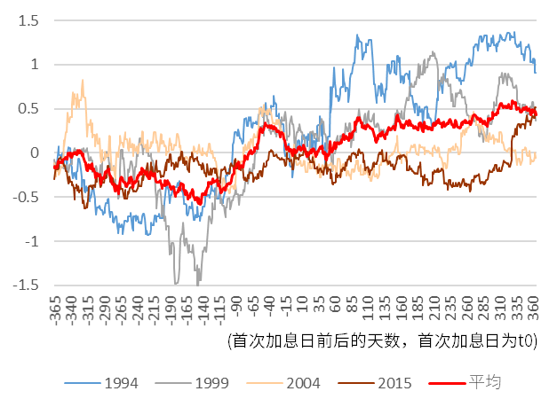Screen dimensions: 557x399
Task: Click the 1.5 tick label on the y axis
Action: pos(28,21)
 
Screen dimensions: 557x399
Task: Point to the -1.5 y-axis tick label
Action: pos(26,286)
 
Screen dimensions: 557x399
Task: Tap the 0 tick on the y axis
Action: pos(35,153)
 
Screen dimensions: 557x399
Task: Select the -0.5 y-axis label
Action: pos(26,197)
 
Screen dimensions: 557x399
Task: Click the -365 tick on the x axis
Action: pos(55,310)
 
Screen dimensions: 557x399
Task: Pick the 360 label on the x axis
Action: pos(533,309)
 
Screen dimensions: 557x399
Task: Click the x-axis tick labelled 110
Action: pos(368,309)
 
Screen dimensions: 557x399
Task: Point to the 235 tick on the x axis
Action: pos(450,309)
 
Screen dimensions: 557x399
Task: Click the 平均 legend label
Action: pos(485,382)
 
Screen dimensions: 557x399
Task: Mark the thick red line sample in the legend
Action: pos(447,383)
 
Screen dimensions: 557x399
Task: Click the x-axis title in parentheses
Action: pos(382,341)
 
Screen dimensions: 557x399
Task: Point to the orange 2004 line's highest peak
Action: pos(83,80)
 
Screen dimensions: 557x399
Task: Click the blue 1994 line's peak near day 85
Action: pos(357,35)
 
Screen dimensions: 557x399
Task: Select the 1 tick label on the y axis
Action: pos(35,65)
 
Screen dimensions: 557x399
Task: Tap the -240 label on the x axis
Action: pos(138,310)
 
